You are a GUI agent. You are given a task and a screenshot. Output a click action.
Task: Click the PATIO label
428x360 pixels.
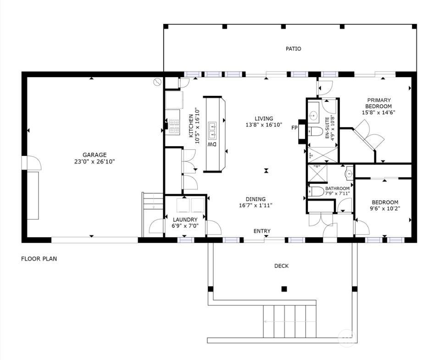pos(294,49)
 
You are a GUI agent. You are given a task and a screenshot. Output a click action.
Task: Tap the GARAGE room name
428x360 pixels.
pos(94,155)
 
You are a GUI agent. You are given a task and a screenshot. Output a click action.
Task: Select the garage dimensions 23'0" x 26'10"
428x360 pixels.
pos(94,161)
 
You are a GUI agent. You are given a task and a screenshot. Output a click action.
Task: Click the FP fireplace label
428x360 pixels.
pos(294,127)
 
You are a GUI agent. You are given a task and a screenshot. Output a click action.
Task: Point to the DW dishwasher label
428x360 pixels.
pos(212,144)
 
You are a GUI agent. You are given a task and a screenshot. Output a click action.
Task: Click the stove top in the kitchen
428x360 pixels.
pos(174,127)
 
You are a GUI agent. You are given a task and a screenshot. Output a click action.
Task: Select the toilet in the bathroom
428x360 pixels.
pos(315,191)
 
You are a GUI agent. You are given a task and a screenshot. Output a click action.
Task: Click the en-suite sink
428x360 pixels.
pos(313,116)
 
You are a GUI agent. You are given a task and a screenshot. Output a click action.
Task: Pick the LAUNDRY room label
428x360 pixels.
pos(185,220)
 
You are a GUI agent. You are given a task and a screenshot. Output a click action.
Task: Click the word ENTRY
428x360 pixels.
pos(262,231)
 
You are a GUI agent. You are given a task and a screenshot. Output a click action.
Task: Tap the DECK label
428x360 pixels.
pos(281,266)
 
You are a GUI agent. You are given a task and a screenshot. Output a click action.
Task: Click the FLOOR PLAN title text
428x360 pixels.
pos(39,259)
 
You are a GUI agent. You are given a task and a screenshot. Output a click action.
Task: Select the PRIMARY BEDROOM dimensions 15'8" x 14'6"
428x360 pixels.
pos(378,112)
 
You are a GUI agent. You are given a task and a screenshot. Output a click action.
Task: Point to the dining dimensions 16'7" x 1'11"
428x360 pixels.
pos(256,205)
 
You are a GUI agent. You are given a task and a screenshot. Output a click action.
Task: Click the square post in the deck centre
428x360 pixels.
pos(284,289)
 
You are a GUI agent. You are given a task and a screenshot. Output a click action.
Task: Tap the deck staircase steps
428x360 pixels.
pos(289,321)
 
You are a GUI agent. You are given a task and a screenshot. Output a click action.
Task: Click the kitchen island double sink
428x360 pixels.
pos(212,130)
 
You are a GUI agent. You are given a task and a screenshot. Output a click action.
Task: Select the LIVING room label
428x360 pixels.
pos(264,119)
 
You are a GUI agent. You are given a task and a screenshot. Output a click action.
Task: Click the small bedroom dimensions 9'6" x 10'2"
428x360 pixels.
pos(385,209)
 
